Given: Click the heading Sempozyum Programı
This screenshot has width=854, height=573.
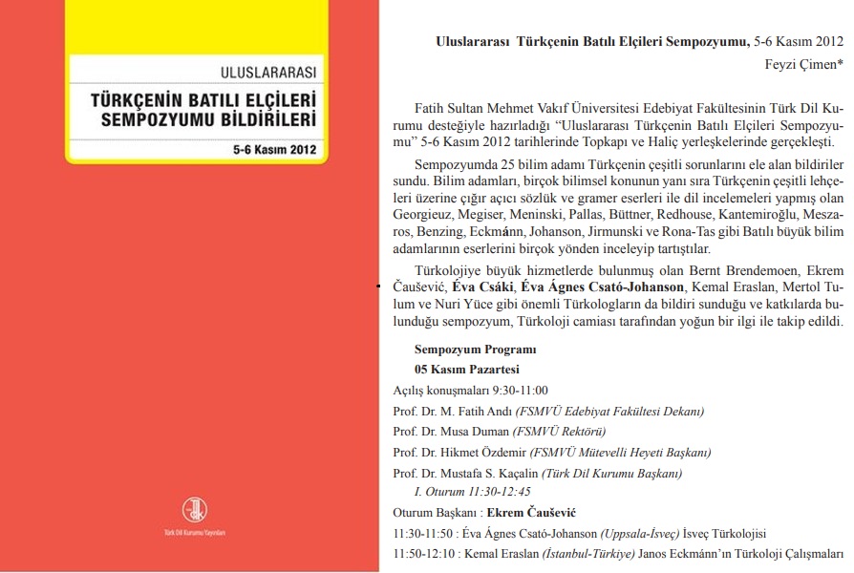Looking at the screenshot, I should pyautogui.click(x=475, y=350).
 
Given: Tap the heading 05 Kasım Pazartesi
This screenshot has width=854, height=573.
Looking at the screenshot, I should pyautogui.click(x=467, y=369).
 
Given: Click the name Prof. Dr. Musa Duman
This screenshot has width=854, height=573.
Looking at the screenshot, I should pyautogui.click(x=444, y=432).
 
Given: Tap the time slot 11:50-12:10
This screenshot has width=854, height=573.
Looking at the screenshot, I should pyautogui.click(x=421, y=554).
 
